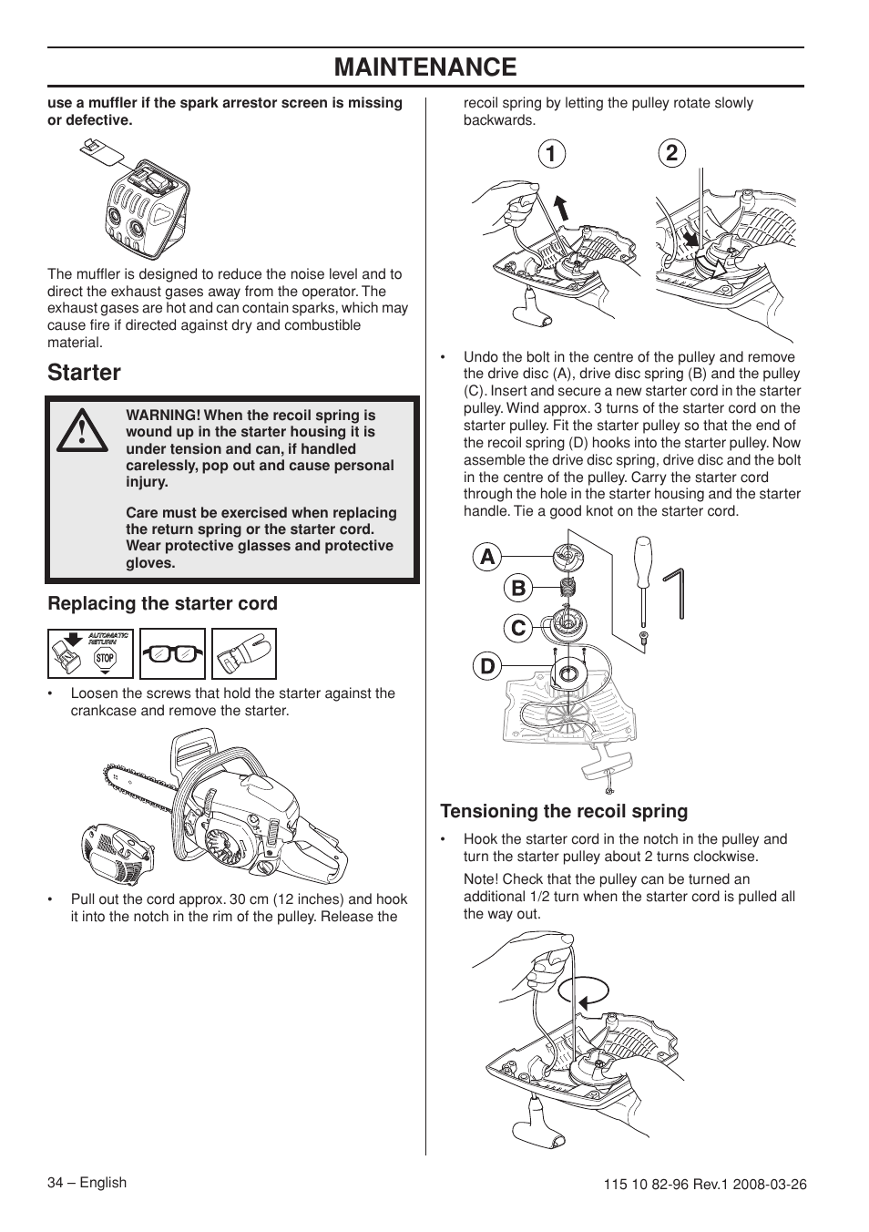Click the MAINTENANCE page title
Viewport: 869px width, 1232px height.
tap(425, 67)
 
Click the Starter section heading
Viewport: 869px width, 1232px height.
tap(84, 373)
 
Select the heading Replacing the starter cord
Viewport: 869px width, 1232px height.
tap(162, 603)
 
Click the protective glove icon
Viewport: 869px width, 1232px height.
tap(244, 654)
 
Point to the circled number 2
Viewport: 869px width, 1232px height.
tap(671, 154)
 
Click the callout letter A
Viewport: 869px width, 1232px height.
tap(487, 556)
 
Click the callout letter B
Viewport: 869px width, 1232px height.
tap(517, 589)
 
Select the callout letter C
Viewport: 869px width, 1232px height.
tap(517, 628)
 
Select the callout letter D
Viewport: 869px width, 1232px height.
tap(487, 666)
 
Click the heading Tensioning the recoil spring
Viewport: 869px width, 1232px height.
tap(564, 811)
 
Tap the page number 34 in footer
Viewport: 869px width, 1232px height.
tap(57, 1183)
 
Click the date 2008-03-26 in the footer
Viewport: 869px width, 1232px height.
tap(770, 1185)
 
